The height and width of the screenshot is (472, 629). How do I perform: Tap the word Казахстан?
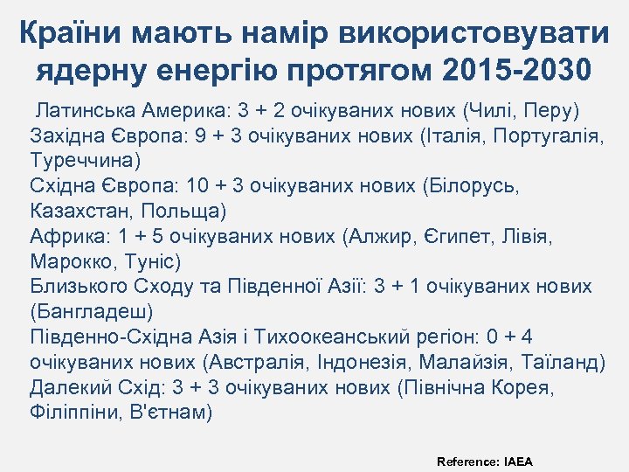pyautogui.click(x=78, y=212)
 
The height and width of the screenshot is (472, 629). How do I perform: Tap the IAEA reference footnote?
pyautogui.click(x=485, y=461)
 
